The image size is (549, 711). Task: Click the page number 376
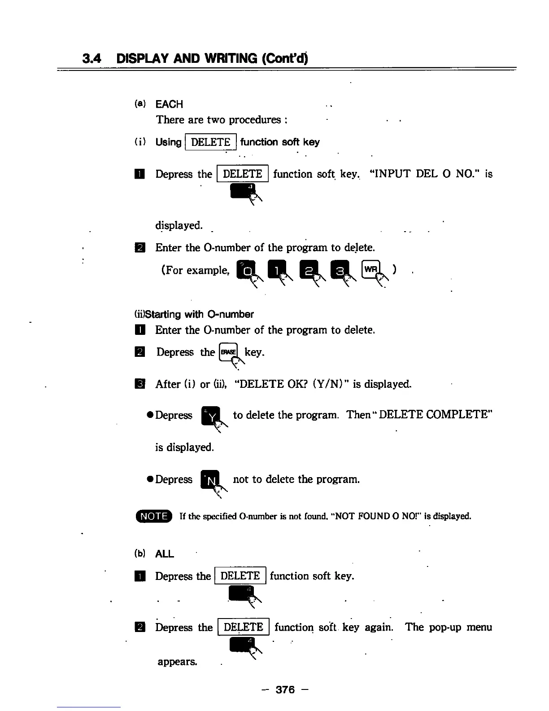285,689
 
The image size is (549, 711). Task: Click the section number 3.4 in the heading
92,59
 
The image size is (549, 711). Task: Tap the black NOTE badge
154,516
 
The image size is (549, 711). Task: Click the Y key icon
210,416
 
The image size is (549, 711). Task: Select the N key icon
210,480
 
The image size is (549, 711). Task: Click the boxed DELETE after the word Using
210,142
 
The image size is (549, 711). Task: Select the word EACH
169,104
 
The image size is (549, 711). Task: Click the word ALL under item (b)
164,554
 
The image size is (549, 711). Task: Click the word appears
177,662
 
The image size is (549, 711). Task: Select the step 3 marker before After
140,384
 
